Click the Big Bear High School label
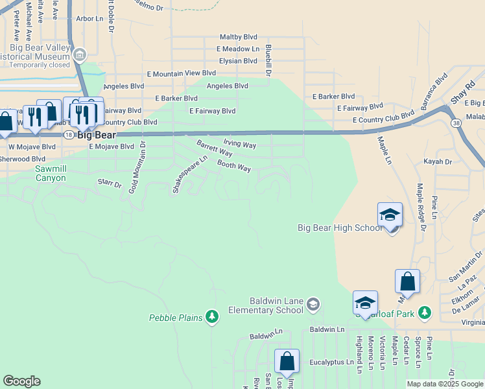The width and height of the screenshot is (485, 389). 340,228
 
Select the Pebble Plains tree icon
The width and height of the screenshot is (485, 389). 211,316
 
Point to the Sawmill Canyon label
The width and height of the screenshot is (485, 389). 51,173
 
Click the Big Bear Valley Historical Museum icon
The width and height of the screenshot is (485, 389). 79,55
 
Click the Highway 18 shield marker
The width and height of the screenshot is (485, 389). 68,134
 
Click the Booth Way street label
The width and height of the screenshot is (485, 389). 233,167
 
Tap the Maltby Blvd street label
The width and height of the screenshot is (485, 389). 239,37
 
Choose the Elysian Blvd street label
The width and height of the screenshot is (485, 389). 238,61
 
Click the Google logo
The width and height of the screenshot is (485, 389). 21,381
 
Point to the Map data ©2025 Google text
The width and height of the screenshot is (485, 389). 445,384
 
